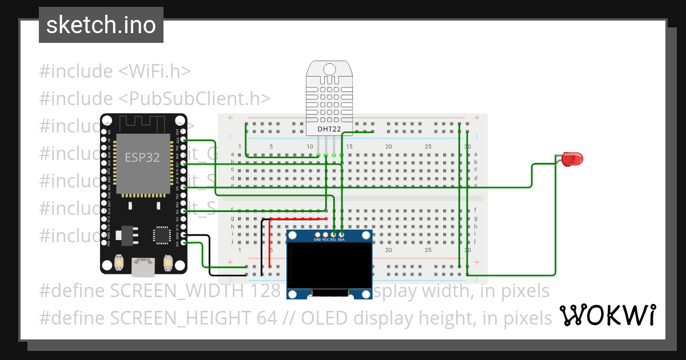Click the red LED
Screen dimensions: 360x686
tap(569, 159)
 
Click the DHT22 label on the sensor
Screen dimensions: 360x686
tap(329, 130)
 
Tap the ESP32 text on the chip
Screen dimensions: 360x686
tap(142, 157)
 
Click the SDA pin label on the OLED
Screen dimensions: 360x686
tap(341, 239)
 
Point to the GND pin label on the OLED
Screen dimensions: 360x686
tap(317, 239)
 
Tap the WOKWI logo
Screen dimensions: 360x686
tap(607, 315)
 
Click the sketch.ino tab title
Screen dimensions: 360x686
tap(101, 25)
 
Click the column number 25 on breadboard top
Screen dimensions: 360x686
tap(428, 147)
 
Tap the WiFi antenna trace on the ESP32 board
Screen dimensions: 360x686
tap(143, 122)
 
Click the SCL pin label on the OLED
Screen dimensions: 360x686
tap(333, 239)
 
